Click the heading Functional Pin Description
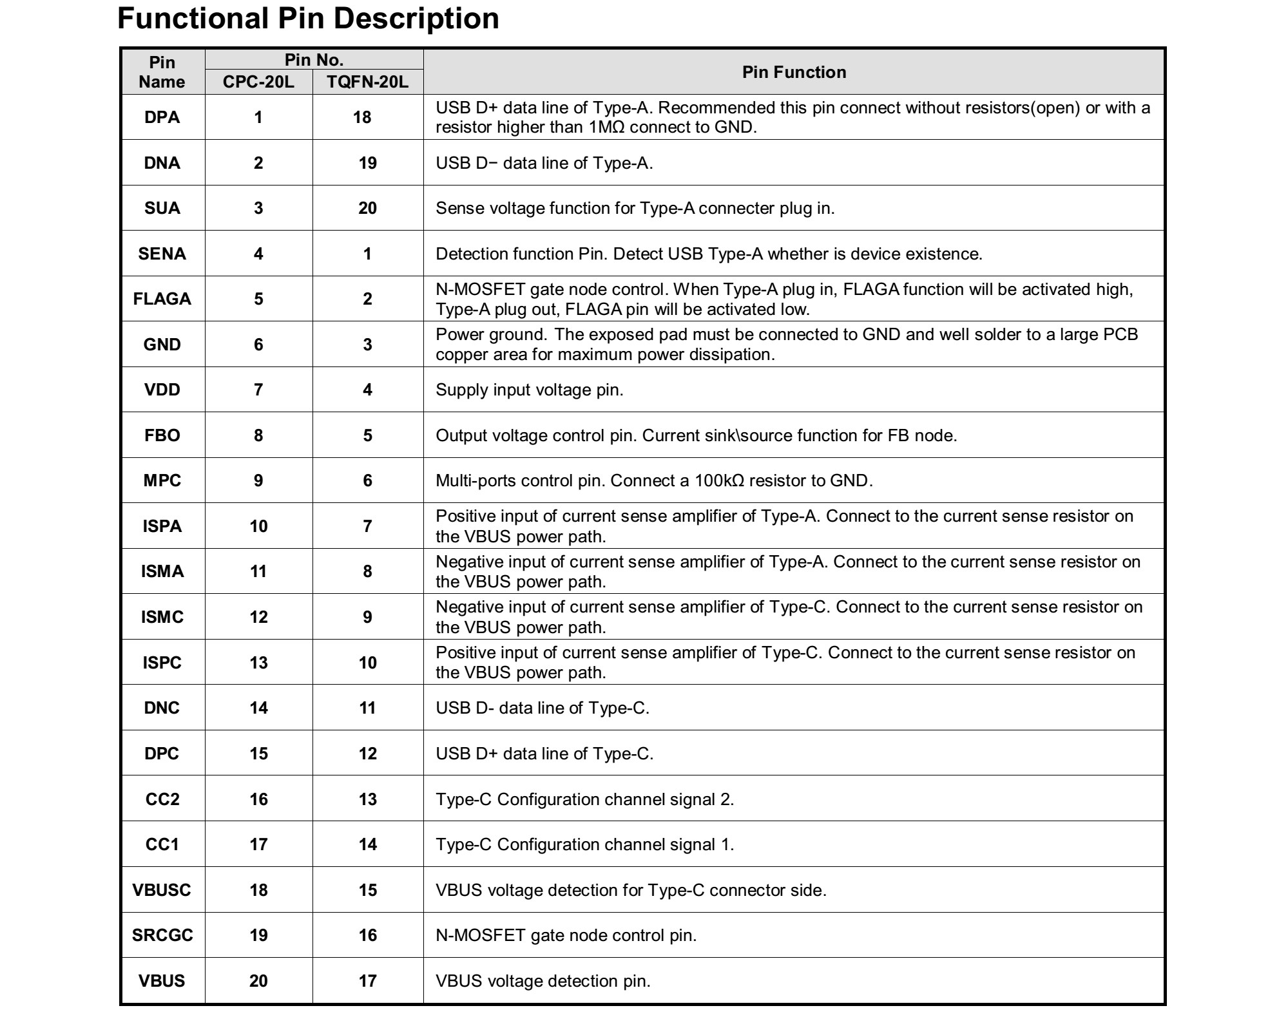tap(308, 19)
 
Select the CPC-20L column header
tap(258, 82)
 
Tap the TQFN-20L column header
tap(367, 82)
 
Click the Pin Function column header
tap(794, 72)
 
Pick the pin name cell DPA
tap(162, 117)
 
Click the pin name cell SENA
tap(162, 254)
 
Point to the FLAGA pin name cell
tap(162, 299)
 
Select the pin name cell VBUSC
tap(162, 890)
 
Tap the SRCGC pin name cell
tap(162, 935)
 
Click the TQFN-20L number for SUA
tap(367, 208)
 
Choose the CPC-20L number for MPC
tap(258, 480)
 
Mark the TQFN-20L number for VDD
tap(367, 390)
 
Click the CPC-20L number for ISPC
tap(258, 663)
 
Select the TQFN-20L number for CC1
tap(367, 844)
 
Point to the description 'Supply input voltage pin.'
tap(530, 390)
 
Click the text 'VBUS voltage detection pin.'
tap(543, 981)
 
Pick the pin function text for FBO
tap(696, 435)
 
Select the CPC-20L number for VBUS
tap(258, 981)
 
